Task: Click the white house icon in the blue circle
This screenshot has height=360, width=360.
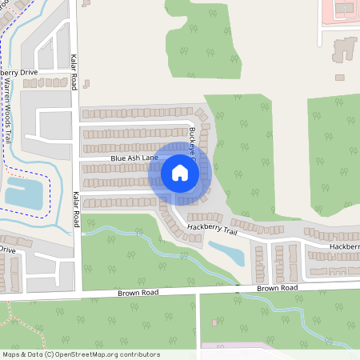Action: [x=180, y=172]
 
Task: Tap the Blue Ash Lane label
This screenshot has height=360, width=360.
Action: [x=135, y=158]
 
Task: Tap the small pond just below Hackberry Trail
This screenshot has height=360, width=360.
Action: [x=230, y=254]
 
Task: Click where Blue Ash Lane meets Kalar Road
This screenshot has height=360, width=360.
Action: [x=78, y=158]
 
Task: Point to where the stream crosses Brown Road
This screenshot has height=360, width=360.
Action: [x=241, y=289]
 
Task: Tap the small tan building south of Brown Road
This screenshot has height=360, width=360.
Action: [x=215, y=322]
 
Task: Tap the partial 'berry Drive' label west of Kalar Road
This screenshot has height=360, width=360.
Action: [x=18, y=72]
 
